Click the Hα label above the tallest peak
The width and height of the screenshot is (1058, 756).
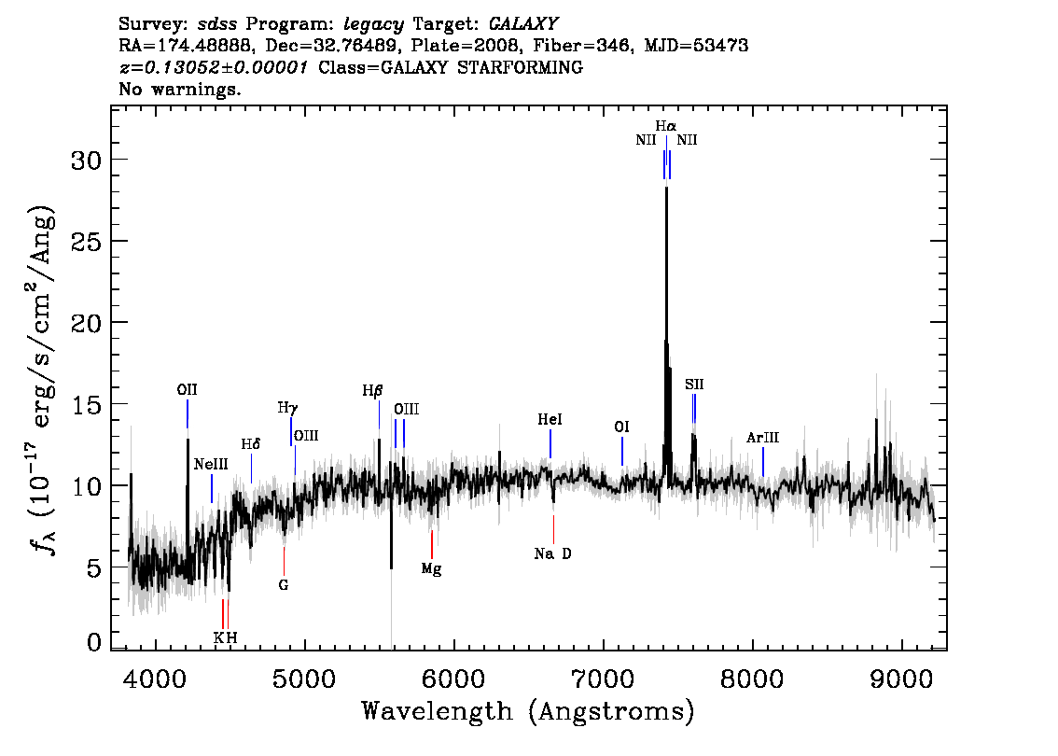pyautogui.click(x=665, y=126)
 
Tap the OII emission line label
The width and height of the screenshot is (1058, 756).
pyautogui.click(x=187, y=389)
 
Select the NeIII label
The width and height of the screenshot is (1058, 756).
pyautogui.click(x=211, y=465)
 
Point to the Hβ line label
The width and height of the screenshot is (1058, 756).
pyautogui.click(x=372, y=391)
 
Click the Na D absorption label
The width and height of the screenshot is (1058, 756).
pyautogui.click(x=552, y=553)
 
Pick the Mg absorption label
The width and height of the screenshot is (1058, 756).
pyautogui.click(x=431, y=569)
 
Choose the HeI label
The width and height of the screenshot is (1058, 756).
pyautogui.click(x=550, y=419)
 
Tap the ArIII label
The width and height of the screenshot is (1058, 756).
pyautogui.click(x=762, y=438)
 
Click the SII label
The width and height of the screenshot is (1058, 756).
pyautogui.click(x=694, y=385)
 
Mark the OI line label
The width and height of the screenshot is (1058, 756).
pyautogui.click(x=621, y=427)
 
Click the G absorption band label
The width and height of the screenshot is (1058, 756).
pyautogui.click(x=284, y=584)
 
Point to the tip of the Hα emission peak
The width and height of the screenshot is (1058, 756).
pyautogui.click(x=667, y=187)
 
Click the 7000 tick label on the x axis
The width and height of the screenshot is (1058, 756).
pyautogui.click(x=602, y=678)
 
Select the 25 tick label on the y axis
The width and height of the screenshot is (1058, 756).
pyautogui.click(x=87, y=242)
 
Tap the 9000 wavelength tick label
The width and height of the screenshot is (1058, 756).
pyautogui.click(x=900, y=678)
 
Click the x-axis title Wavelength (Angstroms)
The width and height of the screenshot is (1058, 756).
pyautogui.click(x=528, y=711)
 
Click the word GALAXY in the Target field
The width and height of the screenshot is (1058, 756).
pyautogui.click(x=522, y=24)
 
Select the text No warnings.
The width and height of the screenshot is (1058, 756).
pyautogui.click(x=179, y=89)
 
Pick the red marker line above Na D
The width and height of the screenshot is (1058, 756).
pyautogui.click(x=553, y=529)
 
